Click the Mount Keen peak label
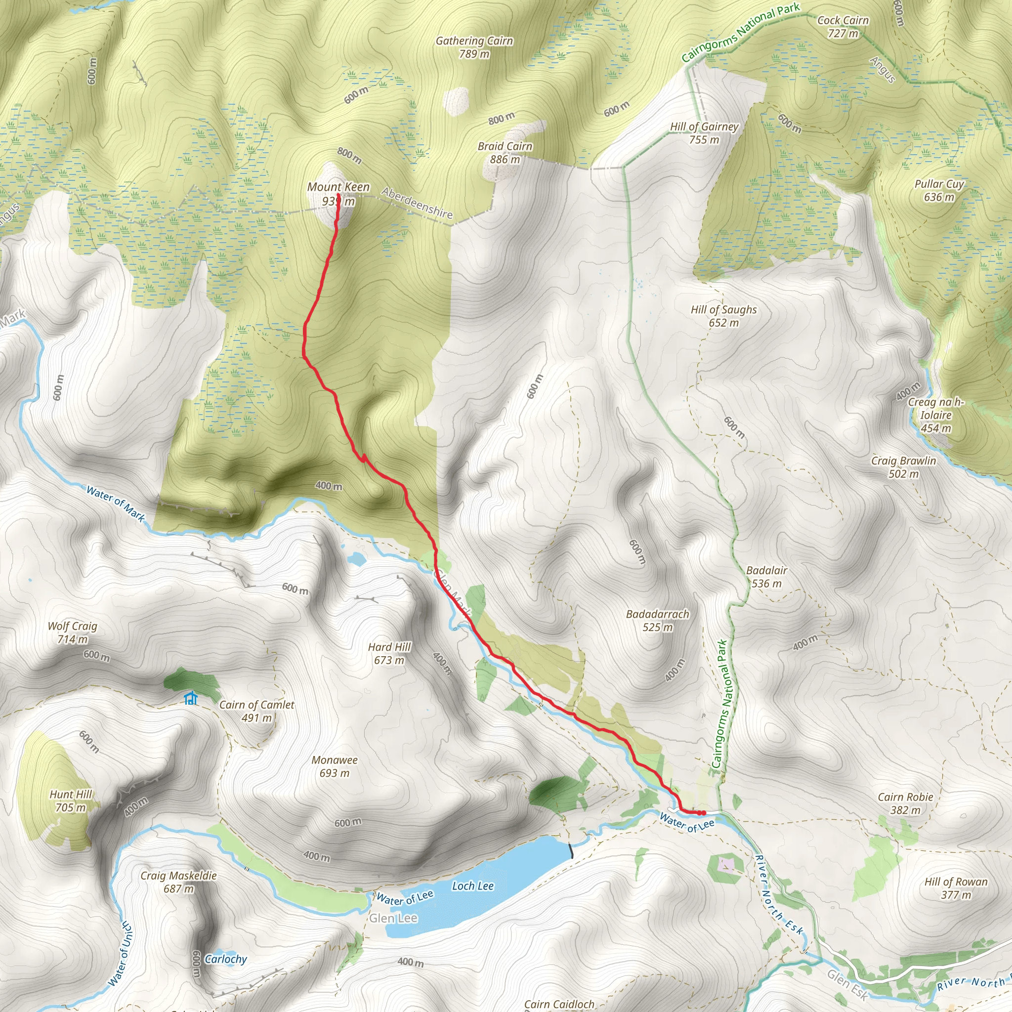pyautogui.click(x=338, y=194)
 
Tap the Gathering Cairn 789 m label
pyautogui.click(x=474, y=47)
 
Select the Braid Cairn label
pyautogui.click(x=505, y=152)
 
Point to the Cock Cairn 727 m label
pyautogui.click(x=843, y=27)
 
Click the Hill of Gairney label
pyautogui.click(x=704, y=133)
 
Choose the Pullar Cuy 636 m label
pyautogui.click(x=939, y=191)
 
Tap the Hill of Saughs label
pyautogui.click(x=723, y=316)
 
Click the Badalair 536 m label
pyautogui.click(x=766, y=577)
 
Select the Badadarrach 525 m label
pyautogui.click(x=657, y=620)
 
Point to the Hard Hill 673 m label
pyautogui.click(x=389, y=653)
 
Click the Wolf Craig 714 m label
pyautogui.click(x=72, y=632)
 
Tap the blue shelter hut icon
pyautogui.click(x=190, y=698)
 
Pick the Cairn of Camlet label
pyautogui.click(x=256, y=711)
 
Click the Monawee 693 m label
pyautogui.click(x=334, y=766)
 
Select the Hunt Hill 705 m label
pyautogui.click(x=71, y=801)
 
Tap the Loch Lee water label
pyautogui.click(x=472, y=886)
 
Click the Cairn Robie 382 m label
pyautogui.click(x=905, y=803)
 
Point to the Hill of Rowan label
pyautogui.click(x=956, y=888)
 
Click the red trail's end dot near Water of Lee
pyautogui.click(x=703, y=813)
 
